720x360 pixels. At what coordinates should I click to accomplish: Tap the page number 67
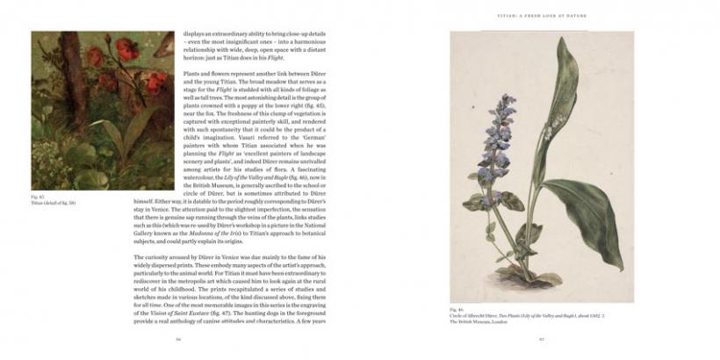[542, 338]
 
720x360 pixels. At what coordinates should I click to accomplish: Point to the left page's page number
[178, 338]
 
